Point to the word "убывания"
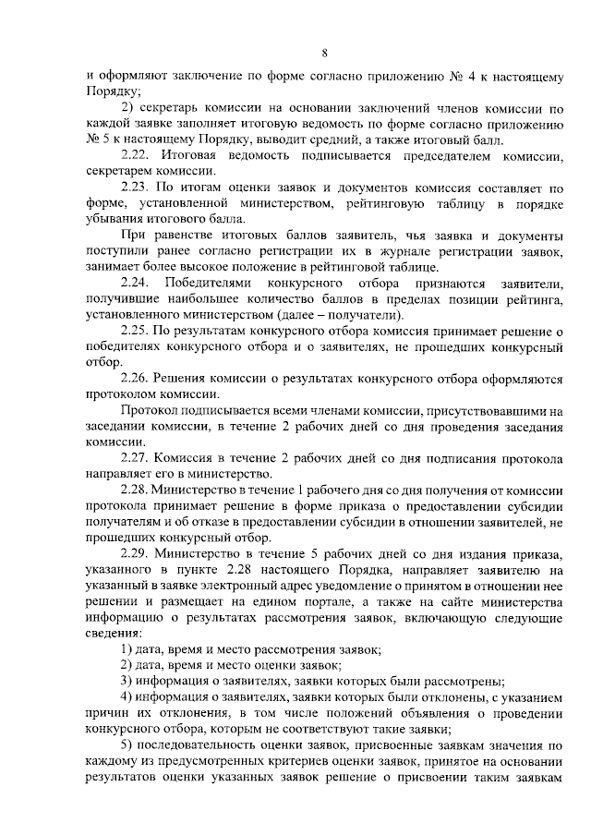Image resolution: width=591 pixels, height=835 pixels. point(113,220)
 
